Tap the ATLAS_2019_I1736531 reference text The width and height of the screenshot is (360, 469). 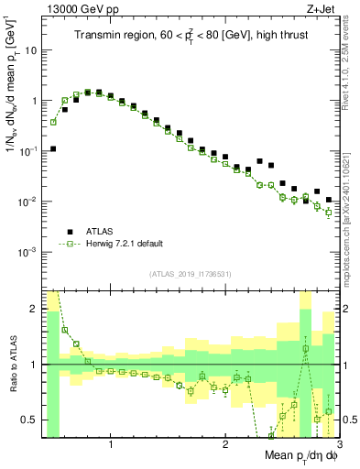[x=191, y=274]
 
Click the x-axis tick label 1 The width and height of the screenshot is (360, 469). [x=111, y=443]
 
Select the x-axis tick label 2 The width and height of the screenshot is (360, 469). [x=225, y=443]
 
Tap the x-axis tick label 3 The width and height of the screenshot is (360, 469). [x=338, y=443]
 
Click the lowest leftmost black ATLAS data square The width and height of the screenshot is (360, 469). [x=53, y=148]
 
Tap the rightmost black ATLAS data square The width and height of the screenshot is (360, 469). [x=328, y=200]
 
